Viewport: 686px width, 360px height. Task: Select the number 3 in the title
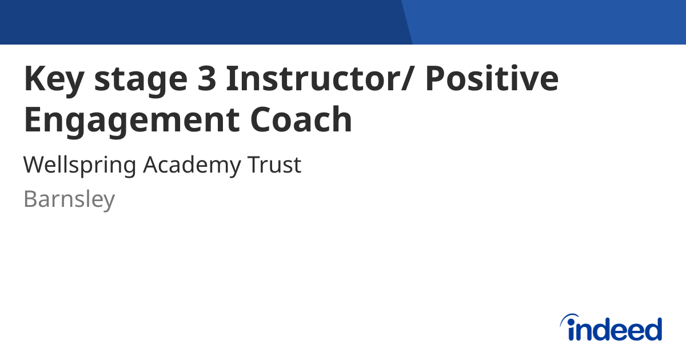(x=204, y=79)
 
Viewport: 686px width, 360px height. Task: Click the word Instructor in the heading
(x=312, y=79)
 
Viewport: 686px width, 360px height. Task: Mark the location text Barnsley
(x=69, y=200)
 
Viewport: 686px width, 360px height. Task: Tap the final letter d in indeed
(x=653, y=329)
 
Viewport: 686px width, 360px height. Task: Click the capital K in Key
(x=34, y=79)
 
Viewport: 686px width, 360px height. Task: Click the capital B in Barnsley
(x=30, y=199)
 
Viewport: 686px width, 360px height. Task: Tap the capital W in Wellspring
(x=34, y=165)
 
